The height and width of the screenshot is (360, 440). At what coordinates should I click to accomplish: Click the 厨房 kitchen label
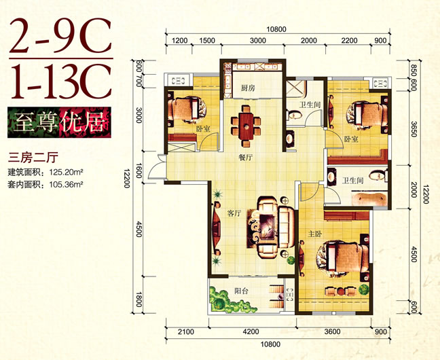[248, 88]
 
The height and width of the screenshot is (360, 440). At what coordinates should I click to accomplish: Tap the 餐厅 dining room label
[246, 158]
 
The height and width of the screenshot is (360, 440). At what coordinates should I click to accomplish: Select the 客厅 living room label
[234, 213]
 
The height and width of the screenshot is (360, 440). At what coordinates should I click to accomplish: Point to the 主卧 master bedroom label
[314, 234]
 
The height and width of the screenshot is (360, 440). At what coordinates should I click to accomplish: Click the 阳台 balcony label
[241, 291]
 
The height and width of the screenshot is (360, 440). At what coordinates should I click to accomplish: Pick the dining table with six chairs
[246, 126]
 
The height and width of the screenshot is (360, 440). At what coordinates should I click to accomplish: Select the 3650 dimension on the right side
[413, 129]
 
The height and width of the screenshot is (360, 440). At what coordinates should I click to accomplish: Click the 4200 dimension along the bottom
[251, 332]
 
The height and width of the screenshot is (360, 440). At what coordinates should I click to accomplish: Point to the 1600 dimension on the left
[139, 170]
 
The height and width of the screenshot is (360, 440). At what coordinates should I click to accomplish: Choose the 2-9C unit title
[60, 36]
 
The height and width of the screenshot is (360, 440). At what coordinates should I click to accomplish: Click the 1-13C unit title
[60, 81]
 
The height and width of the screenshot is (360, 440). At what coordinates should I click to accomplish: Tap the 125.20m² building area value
[67, 172]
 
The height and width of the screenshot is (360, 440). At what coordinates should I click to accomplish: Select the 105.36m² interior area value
[67, 184]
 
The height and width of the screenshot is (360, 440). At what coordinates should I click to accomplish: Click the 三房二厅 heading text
[33, 158]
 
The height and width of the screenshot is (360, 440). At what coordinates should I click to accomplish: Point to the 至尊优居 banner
[59, 122]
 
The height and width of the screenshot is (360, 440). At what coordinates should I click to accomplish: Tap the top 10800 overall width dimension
[276, 29]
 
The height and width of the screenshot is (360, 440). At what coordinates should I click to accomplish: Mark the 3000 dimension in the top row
[258, 41]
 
